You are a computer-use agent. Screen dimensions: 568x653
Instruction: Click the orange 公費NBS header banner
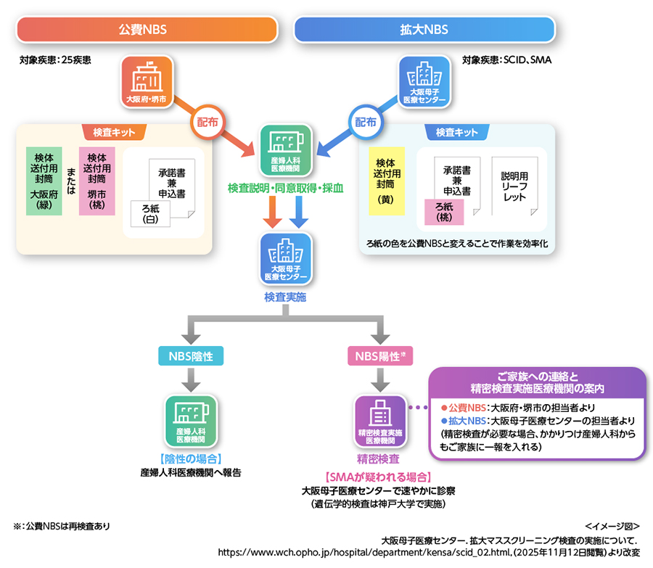point(147,30)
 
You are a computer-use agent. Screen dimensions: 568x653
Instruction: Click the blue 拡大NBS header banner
point(424,30)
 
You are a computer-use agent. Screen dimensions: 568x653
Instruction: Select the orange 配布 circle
point(206,123)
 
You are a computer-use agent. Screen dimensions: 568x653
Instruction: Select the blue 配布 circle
point(365,123)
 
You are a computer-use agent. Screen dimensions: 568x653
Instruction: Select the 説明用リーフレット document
point(515,186)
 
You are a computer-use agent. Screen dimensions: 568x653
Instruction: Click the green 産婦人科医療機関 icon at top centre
point(285,149)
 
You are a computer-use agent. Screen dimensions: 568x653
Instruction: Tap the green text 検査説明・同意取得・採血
point(285,188)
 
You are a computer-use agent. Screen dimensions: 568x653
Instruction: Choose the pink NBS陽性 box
point(380,355)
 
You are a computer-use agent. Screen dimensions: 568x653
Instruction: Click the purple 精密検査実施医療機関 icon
point(380,421)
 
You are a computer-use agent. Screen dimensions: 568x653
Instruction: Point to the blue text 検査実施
point(285,297)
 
